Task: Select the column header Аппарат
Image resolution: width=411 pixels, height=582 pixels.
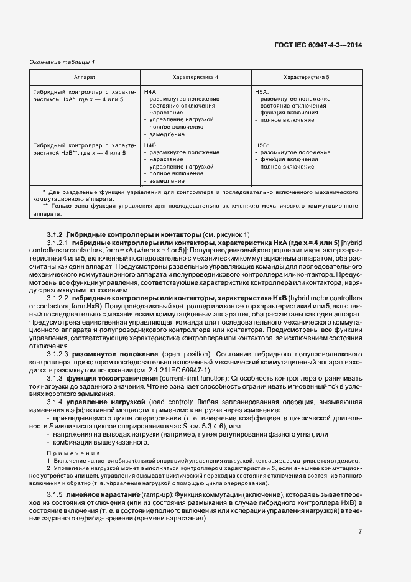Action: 85,77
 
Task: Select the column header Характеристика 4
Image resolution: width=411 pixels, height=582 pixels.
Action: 195,77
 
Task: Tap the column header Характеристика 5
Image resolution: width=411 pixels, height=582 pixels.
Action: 307,77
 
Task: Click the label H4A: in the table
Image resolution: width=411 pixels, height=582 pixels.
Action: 151,91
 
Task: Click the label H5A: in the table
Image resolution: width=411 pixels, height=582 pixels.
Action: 262,91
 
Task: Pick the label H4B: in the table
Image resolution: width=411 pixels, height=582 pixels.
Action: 151,145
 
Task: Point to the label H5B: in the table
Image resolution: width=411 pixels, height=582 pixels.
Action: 262,145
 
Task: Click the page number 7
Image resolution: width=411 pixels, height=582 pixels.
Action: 360,531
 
